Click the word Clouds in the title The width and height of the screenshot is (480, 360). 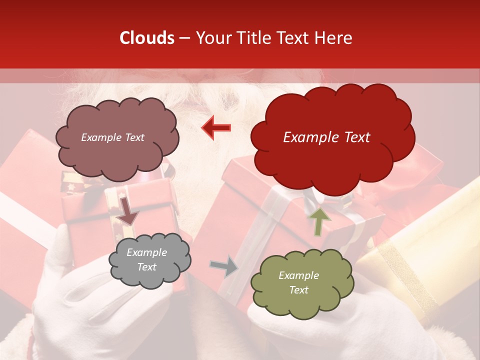[x=147, y=38]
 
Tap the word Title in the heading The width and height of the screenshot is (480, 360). [x=253, y=38]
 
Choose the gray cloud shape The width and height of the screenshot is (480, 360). [x=150, y=277]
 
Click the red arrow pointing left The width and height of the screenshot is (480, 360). [x=216, y=127]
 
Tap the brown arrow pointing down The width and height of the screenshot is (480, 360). [x=127, y=211]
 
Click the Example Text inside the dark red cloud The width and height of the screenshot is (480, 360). [x=326, y=137]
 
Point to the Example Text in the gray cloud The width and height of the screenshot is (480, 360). [x=147, y=260]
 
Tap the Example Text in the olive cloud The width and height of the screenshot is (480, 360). [x=299, y=282]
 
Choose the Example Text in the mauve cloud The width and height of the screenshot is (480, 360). [x=112, y=137]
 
